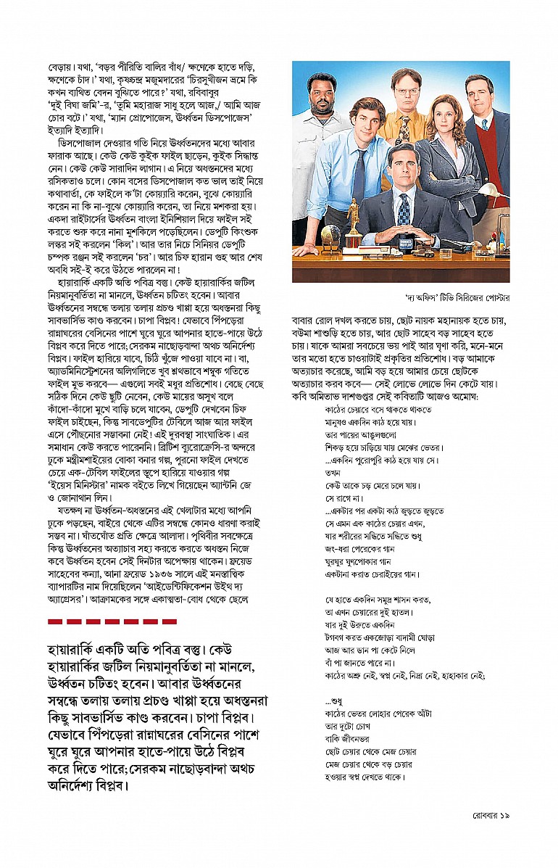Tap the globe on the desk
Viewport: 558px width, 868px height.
pos(330,235)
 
